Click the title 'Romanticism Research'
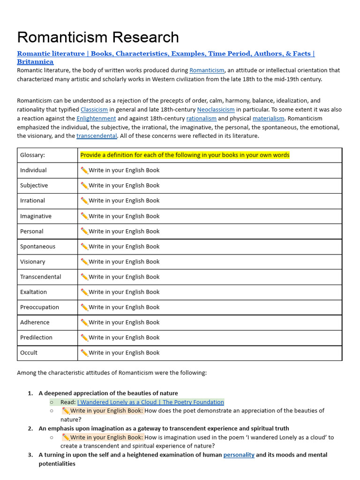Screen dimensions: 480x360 pos(98,37)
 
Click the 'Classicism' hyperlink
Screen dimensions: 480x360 pos(94,110)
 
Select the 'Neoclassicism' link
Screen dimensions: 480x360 pos(216,110)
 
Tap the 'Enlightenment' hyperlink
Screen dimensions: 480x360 pos(96,119)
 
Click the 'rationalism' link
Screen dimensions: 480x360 pos(201,119)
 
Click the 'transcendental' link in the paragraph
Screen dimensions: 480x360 pos(97,136)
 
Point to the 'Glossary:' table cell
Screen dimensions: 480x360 pos(32,155)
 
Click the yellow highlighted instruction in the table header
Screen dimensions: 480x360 pos(185,155)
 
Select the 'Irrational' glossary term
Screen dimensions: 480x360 pos(32,201)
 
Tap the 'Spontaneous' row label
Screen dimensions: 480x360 pos(37,247)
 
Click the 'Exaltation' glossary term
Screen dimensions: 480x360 pos(33,292)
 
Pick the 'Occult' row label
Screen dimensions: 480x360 pos(29,352)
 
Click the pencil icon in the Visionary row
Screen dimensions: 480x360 pos(84,262)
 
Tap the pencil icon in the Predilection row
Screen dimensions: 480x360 pos(84,337)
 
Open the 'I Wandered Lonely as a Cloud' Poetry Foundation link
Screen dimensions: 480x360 pos(150,402)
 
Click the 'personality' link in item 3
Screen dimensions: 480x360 pos(239,455)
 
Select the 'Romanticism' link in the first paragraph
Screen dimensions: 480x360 pos(207,70)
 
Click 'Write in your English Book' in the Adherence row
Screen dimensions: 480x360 pos(124,322)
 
